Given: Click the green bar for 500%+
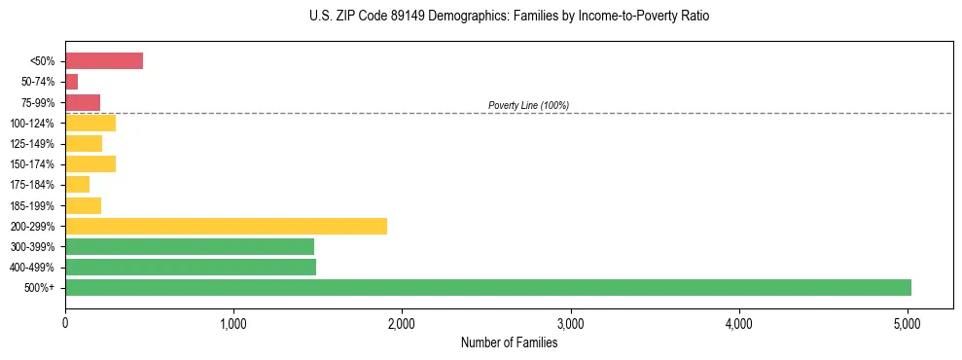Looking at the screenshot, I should tap(488, 287).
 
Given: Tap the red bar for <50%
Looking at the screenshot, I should tap(104, 61).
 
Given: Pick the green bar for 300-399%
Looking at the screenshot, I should tap(190, 246).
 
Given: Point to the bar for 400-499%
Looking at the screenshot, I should tap(191, 267).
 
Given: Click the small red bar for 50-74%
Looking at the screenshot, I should tap(72, 82).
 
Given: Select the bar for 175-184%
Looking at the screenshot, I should tap(78, 184).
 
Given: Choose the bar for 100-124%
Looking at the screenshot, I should tap(90, 123).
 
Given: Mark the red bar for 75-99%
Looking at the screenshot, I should tap(83, 102).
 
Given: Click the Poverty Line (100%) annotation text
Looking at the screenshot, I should tap(528, 105).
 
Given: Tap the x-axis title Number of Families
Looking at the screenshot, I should tap(509, 342).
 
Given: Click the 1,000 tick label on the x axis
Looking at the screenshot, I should tap(233, 323).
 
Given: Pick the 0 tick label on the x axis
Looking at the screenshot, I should tap(65, 323).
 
